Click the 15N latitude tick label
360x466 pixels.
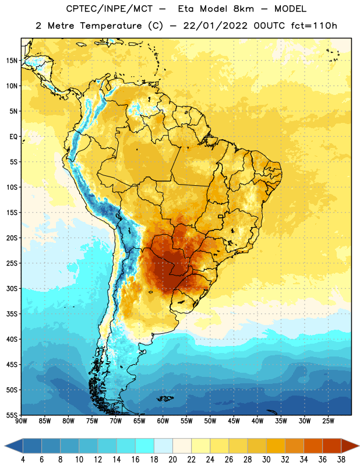click(12, 61)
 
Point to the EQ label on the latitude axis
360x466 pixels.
click(13, 137)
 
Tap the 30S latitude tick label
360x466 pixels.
click(12, 288)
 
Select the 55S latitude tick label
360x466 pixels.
click(12, 415)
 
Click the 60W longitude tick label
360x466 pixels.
click(163, 421)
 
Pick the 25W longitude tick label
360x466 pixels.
click(328, 421)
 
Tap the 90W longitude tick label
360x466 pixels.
click(21, 421)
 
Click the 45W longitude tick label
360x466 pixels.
click(234, 421)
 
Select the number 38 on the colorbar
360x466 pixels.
click(341, 460)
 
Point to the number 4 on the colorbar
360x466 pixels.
click(23, 460)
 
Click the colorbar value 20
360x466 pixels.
click(172, 460)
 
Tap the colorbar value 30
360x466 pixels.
click(266, 460)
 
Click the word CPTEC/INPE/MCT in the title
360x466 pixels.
click(109, 9)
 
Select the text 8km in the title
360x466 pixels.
click(243, 9)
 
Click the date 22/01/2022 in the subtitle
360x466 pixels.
click(215, 26)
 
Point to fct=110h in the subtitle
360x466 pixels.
click(314, 26)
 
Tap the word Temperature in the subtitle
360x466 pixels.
click(111, 26)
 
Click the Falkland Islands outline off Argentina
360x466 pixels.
click(165, 398)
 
